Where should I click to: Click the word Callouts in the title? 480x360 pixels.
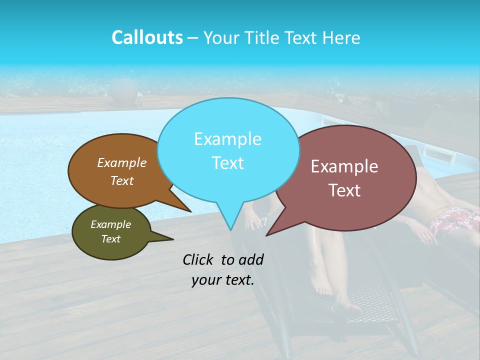point(147,37)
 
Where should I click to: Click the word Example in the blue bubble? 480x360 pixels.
point(227,139)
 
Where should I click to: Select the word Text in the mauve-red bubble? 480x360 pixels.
point(345,190)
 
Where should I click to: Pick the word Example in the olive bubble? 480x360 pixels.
point(110,224)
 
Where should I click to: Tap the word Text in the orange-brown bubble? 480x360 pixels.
point(122,181)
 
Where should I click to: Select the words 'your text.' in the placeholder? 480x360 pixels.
point(223,280)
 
